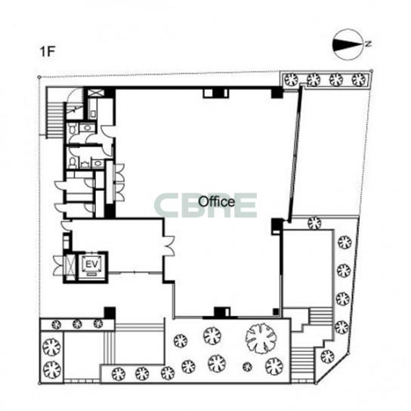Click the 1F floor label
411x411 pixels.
[47, 51]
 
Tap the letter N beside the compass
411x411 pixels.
[368, 44]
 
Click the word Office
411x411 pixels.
[217, 202]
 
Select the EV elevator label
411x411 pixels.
[92, 264]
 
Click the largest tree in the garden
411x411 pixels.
[261, 338]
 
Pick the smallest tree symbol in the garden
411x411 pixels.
[247, 366]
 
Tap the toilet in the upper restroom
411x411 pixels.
[72, 129]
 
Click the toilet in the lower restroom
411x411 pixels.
[73, 162]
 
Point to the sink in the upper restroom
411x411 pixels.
[88, 128]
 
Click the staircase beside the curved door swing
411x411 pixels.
[55, 120]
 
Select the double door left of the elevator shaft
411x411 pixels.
[58, 265]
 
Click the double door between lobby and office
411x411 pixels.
[169, 246]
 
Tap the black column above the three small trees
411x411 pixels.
[110, 313]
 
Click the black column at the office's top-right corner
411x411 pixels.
[277, 92]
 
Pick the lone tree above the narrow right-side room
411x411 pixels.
[314, 223]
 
